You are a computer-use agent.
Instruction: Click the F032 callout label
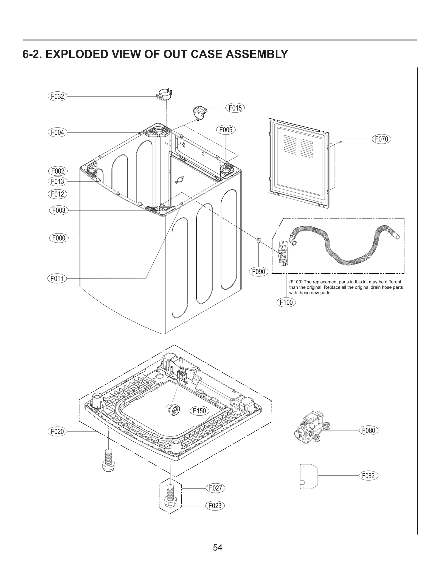click(57, 96)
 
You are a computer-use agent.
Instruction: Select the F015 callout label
click(235, 108)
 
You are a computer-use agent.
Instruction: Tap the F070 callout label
click(381, 139)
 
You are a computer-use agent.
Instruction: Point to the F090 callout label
click(258, 272)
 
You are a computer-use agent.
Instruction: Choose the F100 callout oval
click(286, 302)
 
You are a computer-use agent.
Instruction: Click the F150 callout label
click(199, 411)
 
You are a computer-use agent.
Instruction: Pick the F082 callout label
click(368, 476)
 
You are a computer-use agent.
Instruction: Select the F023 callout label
click(215, 506)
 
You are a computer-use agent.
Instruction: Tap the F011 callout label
click(57, 279)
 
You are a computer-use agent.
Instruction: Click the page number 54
click(218, 548)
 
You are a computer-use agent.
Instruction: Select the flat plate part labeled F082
click(308, 476)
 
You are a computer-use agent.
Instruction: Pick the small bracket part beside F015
click(199, 113)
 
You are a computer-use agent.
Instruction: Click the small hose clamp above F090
click(258, 240)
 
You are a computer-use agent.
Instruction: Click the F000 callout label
click(59, 238)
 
